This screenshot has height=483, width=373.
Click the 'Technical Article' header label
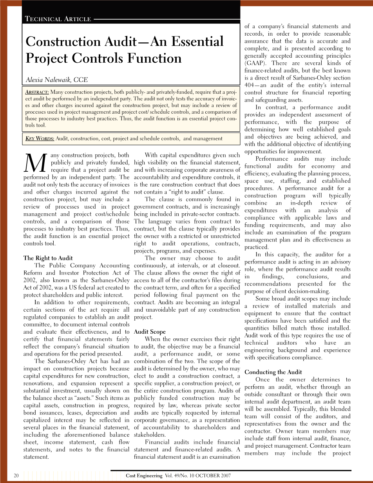tap(58, 19)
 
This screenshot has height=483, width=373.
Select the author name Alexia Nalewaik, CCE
tap(57, 80)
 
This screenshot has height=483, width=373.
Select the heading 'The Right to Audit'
tap(48, 258)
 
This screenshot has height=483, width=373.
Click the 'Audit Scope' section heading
tap(150, 332)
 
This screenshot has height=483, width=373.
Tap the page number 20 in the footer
tap(16, 476)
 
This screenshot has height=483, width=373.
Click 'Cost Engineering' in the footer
tap(144, 476)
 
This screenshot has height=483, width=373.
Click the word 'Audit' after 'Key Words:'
tap(62, 138)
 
